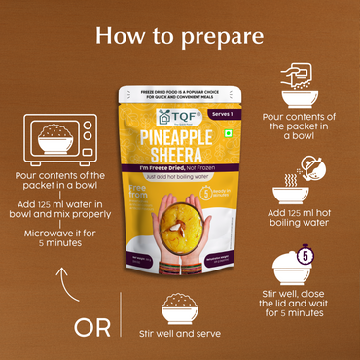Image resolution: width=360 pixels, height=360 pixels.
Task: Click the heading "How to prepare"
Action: [180, 35]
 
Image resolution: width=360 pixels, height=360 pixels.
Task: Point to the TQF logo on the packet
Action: [145, 111]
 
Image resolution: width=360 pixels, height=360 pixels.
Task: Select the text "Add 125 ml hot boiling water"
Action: [301, 217]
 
